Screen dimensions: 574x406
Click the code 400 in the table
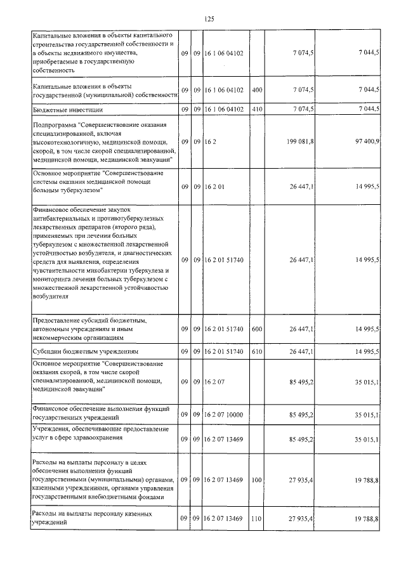257,90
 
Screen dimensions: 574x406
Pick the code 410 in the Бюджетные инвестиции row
257,110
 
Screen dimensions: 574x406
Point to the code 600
257,330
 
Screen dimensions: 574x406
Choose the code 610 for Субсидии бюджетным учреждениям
257,351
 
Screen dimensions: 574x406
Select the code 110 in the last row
257,519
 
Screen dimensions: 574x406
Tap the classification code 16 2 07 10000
223,415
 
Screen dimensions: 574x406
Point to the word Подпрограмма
54,126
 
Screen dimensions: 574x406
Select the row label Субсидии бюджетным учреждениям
85,351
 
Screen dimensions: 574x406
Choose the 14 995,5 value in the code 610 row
367,351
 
